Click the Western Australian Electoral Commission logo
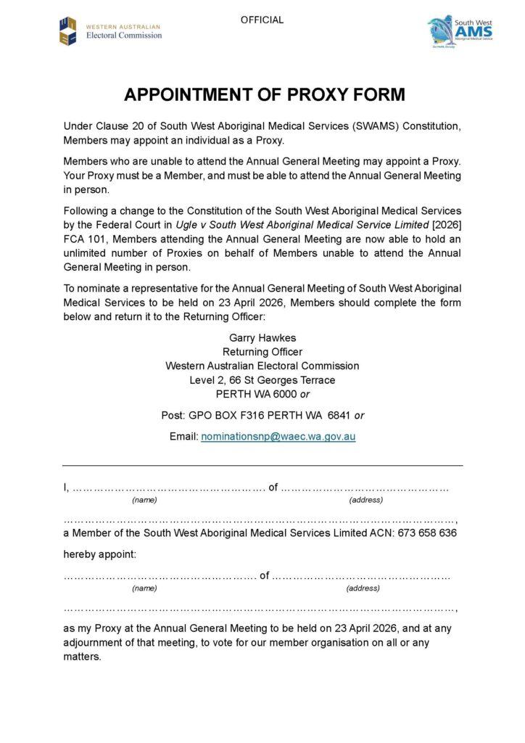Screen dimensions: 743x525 [110, 30]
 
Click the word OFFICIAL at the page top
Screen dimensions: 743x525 [262, 20]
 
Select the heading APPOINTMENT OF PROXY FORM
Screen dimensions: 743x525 [264, 95]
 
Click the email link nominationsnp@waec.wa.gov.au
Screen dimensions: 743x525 [278, 437]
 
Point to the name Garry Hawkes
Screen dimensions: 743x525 [262, 337]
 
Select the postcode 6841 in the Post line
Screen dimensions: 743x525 [339, 416]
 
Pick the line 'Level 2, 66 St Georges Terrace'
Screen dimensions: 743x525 [262, 379]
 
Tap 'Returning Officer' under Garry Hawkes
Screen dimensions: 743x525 [262, 352]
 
